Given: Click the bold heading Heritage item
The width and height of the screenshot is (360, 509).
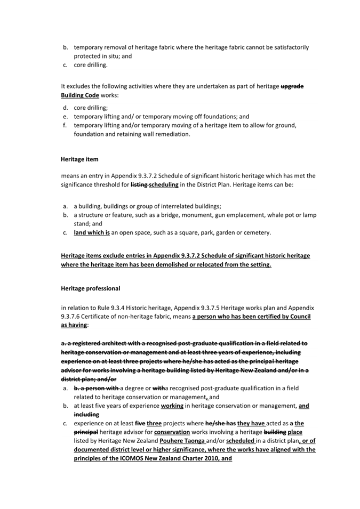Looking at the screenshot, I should tap(79, 159).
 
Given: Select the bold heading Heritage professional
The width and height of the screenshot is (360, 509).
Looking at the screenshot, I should tap(91, 288).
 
